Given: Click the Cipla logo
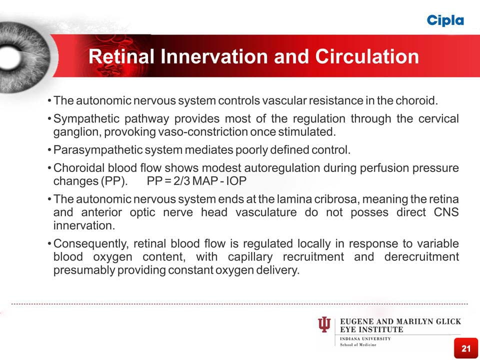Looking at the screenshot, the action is pos(445,21).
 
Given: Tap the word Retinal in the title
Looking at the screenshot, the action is pos(121,56).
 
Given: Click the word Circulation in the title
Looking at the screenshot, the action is pos(367,56).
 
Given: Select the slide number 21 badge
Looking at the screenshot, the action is pos(466,348).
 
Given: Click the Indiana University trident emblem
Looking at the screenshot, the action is pos(324,324).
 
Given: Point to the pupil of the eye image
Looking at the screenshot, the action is pos(9,57).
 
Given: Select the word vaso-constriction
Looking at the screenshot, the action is pos(202,132).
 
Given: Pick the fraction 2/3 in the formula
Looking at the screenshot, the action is pos(182,181).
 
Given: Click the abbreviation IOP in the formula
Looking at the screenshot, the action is pos(236,181).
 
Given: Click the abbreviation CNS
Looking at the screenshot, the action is pos(446,212).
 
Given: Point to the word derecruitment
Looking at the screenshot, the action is pos(421,256).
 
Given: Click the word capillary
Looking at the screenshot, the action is pos(250,257).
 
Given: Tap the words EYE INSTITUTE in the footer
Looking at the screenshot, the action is pos(371,329).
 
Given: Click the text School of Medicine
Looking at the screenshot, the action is pos(358,344).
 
